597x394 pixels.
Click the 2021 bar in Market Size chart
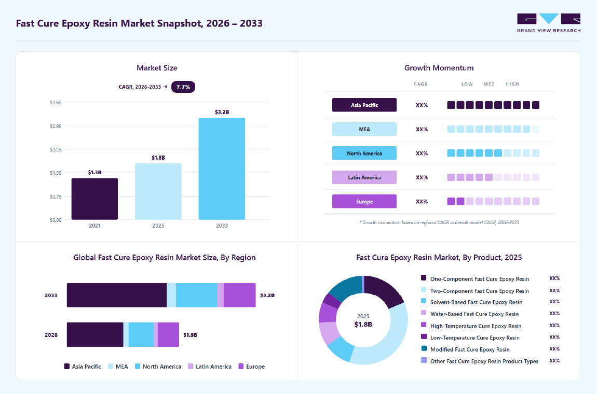(x=94, y=199)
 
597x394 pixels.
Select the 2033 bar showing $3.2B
(x=222, y=169)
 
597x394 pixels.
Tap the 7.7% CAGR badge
(x=183, y=87)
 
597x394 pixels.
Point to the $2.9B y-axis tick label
(x=56, y=126)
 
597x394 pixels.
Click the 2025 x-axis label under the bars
(x=158, y=226)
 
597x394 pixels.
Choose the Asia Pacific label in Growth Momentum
(x=364, y=105)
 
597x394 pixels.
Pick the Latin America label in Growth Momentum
(x=364, y=177)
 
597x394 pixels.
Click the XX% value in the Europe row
(x=422, y=202)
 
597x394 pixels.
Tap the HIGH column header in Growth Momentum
(x=512, y=84)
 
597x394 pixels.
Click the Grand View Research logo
(x=549, y=23)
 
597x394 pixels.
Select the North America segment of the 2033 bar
(x=196, y=295)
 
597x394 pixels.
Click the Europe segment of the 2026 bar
(x=168, y=335)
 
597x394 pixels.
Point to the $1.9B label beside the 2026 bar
(x=191, y=335)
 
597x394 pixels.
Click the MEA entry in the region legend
(x=118, y=367)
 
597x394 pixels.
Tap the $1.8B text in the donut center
(x=363, y=325)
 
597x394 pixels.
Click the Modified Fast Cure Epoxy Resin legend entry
(x=465, y=349)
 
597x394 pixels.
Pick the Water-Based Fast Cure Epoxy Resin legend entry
(x=470, y=314)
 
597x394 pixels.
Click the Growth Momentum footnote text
(x=439, y=222)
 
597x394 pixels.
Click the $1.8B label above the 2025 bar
(x=158, y=158)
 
